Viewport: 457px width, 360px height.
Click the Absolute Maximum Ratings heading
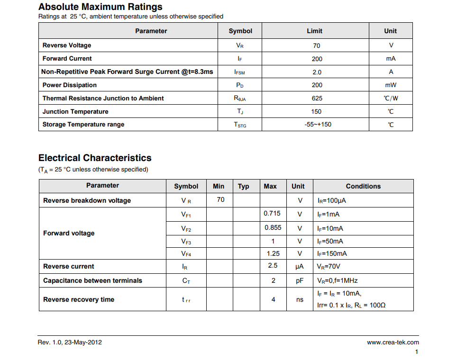[100, 7]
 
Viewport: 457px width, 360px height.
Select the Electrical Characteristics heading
[95, 158]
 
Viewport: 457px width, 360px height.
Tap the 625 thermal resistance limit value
[317, 99]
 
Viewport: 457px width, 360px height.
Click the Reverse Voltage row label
[67, 45]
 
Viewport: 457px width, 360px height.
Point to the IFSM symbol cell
[240, 72]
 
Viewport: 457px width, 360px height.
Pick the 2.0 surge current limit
[317, 72]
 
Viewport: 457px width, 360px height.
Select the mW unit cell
[391, 85]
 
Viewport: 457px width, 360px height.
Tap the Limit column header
[314, 31]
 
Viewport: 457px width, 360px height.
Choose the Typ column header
[243, 186]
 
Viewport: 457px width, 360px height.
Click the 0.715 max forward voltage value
[272, 214]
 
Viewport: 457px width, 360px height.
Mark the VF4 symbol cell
[186, 254]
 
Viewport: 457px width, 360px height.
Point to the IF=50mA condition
[330, 241]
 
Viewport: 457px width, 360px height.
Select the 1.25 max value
[273, 254]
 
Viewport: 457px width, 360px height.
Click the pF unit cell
[300, 280]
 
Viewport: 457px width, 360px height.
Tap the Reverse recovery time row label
[79, 299]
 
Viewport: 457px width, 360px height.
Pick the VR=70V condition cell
[329, 266]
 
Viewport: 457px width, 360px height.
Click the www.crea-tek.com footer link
[393, 342]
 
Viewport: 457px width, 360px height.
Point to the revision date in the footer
[70, 342]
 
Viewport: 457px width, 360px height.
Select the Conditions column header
[363, 186]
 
